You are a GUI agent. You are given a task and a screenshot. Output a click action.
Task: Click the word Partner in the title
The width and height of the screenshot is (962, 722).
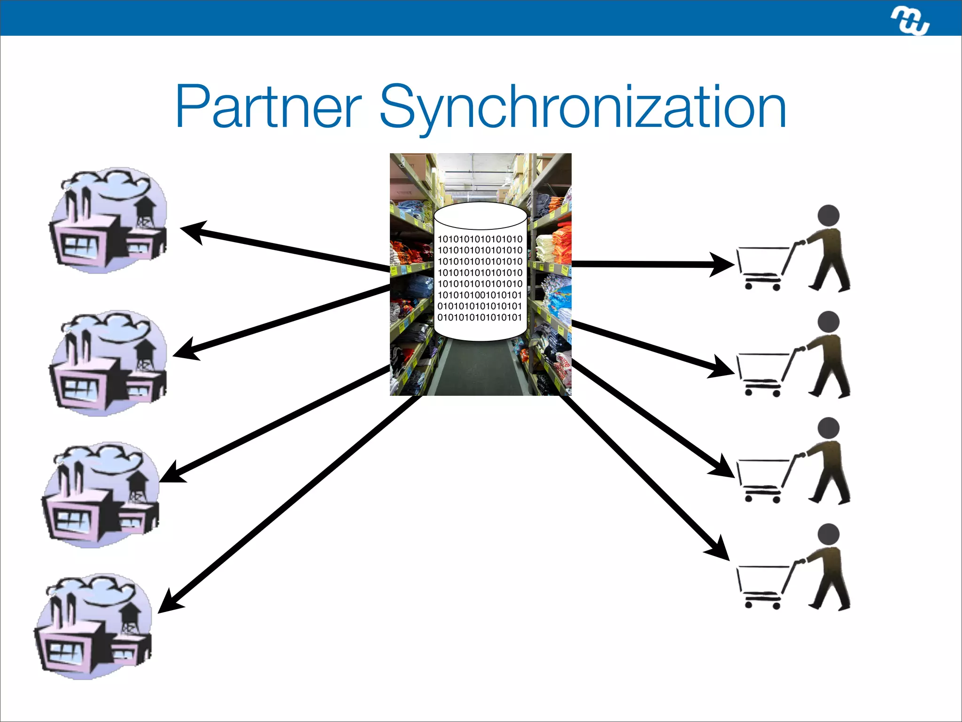click(x=268, y=107)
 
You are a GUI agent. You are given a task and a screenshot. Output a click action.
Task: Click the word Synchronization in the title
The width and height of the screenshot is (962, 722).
click(x=582, y=108)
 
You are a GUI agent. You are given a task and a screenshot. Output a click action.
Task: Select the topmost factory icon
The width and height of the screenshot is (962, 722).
click(x=109, y=221)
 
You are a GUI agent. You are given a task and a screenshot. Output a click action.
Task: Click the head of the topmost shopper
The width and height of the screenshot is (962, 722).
click(x=828, y=216)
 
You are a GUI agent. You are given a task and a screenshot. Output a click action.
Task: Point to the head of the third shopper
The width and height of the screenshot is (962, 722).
click(x=828, y=428)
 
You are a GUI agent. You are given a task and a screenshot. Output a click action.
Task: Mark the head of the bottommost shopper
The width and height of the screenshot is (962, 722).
click(x=828, y=534)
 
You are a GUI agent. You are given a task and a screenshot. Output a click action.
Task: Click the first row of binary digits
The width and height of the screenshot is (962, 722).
click(x=480, y=239)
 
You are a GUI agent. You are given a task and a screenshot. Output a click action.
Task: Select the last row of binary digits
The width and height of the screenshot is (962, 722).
click(x=480, y=318)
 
